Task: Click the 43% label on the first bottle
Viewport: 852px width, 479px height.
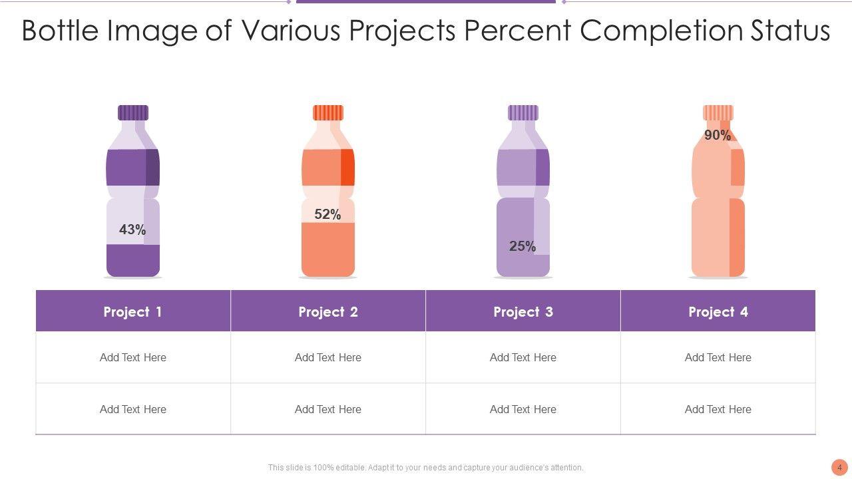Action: [132, 230]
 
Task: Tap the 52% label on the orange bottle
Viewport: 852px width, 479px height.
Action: [327, 214]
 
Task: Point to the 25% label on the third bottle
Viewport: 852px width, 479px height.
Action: [523, 246]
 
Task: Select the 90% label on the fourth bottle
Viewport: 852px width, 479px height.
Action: [718, 135]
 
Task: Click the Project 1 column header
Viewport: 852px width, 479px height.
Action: [133, 311]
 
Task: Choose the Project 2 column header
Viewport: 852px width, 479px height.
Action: [328, 311]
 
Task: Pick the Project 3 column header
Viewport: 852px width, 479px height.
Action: [523, 311]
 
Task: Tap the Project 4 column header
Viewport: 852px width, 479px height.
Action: [718, 311]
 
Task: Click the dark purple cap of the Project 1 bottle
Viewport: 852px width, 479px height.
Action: [133, 112]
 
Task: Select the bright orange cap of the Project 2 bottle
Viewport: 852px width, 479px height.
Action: [328, 112]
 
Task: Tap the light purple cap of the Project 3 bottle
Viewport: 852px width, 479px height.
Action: [523, 112]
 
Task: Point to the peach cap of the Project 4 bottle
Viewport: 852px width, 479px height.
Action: [718, 112]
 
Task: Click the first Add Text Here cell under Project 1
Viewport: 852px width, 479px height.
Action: [133, 357]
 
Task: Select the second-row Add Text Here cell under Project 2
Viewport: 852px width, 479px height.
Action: [328, 409]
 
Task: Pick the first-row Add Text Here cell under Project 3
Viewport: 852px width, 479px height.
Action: [523, 357]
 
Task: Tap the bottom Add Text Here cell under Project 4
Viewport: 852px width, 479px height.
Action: [718, 409]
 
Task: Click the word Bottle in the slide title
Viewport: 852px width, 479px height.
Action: [65, 31]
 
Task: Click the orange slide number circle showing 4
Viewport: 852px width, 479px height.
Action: [839, 467]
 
